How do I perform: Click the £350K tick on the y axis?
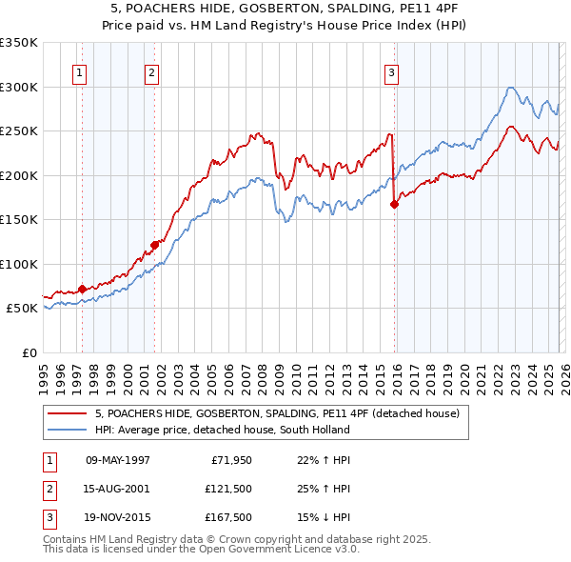(x=19, y=43)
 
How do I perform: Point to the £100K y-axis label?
(x=19, y=264)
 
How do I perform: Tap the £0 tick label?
(x=29, y=352)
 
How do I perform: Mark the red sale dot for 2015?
(x=394, y=203)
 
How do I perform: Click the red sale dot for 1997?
(x=83, y=289)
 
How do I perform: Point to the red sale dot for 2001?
(x=154, y=245)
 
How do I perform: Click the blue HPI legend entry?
(x=223, y=430)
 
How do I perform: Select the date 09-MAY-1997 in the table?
(x=117, y=460)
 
